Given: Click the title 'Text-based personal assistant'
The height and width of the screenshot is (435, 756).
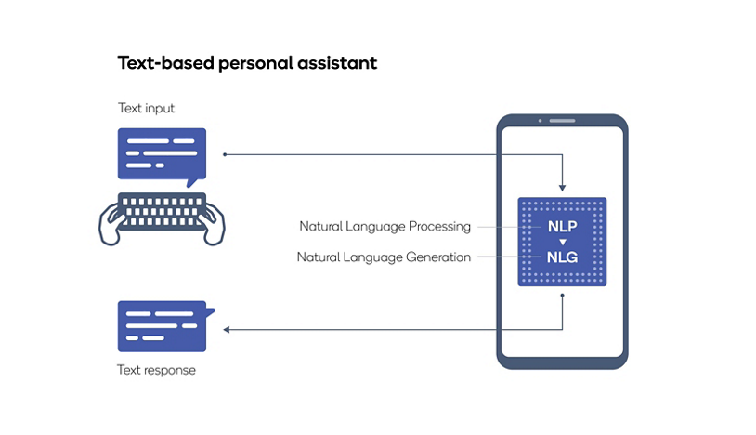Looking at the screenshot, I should [x=246, y=64].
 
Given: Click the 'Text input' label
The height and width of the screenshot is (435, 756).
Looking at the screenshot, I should [x=146, y=109].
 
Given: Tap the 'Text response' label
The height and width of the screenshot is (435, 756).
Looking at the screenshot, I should [x=156, y=370].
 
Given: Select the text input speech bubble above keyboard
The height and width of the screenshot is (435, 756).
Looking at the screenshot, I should [x=161, y=154].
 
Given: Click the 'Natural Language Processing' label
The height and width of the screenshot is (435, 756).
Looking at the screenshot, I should [x=385, y=226].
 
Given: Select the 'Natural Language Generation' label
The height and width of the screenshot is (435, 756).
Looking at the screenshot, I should [x=384, y=257].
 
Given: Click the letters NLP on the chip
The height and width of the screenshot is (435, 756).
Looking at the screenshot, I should [x=561, y=226].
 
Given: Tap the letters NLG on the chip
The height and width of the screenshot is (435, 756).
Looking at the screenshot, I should [x=561, y=257].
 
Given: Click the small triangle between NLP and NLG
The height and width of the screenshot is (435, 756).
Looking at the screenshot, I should [x=561, y=242].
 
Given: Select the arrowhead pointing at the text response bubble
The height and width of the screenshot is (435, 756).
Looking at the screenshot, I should [x=227, y=329].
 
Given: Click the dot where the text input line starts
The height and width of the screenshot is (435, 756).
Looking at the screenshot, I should [x=225, y=154].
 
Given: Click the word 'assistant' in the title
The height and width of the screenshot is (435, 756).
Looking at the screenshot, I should [x=338, y=64].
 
